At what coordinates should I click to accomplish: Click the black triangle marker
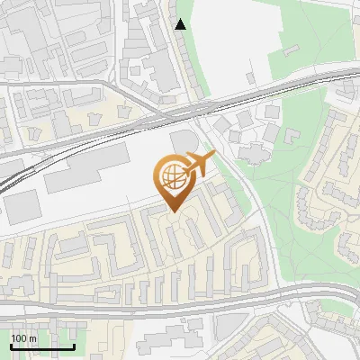(181, 24)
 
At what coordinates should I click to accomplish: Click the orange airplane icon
(198, 165)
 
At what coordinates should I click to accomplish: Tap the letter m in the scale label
(33, 338)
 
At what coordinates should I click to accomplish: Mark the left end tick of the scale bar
(11, 346)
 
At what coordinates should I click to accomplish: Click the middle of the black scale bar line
(42, 346)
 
